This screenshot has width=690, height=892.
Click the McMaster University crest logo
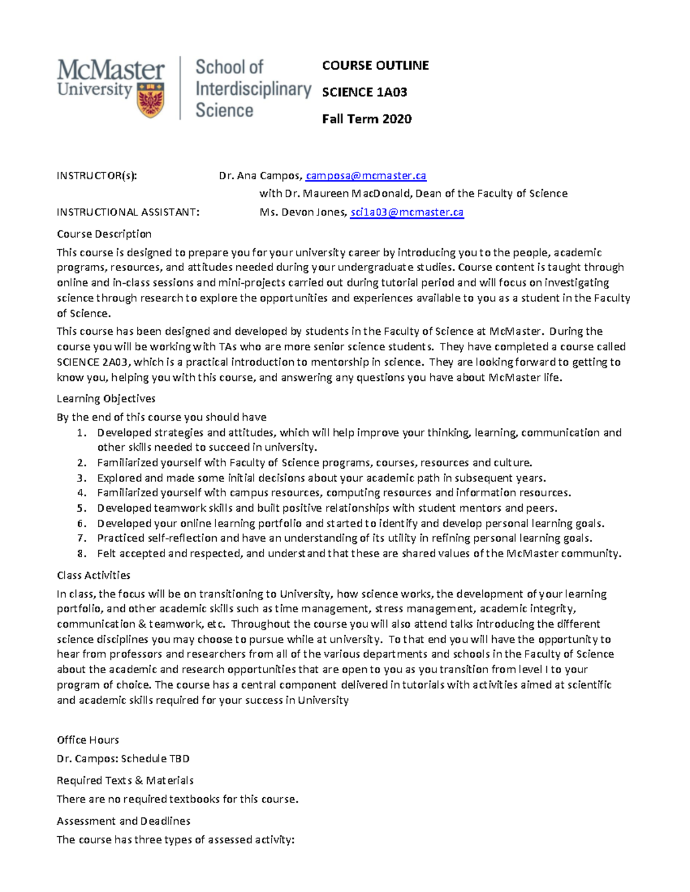pos(151,100)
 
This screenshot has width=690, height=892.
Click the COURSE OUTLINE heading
pos(375,65)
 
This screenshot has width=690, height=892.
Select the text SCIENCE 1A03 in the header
pos(364,92)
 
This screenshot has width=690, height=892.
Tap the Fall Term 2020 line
pos(366,119)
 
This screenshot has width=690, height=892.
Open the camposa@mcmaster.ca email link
pos(366,176)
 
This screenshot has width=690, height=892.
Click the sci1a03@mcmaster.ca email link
pos(407,213)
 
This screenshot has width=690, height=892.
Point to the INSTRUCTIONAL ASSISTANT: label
pos(128,213)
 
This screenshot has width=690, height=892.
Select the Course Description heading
pos(104,234)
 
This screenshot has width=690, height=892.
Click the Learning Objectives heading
pos(106,399)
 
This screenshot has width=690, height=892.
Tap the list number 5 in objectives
pos(82,508)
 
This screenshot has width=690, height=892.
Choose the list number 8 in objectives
pos(82,554)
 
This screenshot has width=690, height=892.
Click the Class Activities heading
pos(93,576)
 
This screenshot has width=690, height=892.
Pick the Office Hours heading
pos(87,740)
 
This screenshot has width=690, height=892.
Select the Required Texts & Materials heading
pos(125,781)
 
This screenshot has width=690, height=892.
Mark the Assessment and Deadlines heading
pos(123,821)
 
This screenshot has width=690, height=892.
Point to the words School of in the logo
pos(229,67)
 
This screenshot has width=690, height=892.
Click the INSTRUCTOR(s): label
pos(97,176)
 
